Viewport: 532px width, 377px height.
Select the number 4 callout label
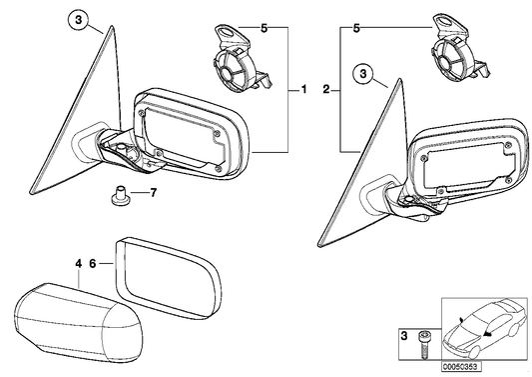tap(77, 264)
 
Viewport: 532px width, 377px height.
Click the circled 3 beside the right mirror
tap(364, 73)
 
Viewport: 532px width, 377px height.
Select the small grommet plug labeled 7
tap(118, 192)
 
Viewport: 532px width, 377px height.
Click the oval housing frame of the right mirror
tap(469, 160)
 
